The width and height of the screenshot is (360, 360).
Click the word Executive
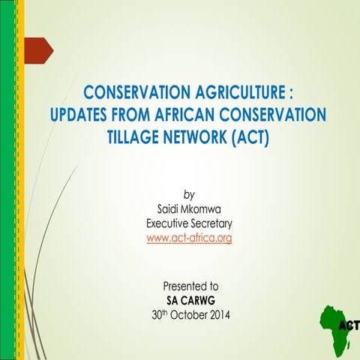coord(169,224)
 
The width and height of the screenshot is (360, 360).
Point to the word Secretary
coord(215,224)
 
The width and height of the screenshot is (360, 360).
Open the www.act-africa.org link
coord(189,238)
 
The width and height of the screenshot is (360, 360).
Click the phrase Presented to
coord(190,286)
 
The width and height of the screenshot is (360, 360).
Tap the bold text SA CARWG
coord(190,300)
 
